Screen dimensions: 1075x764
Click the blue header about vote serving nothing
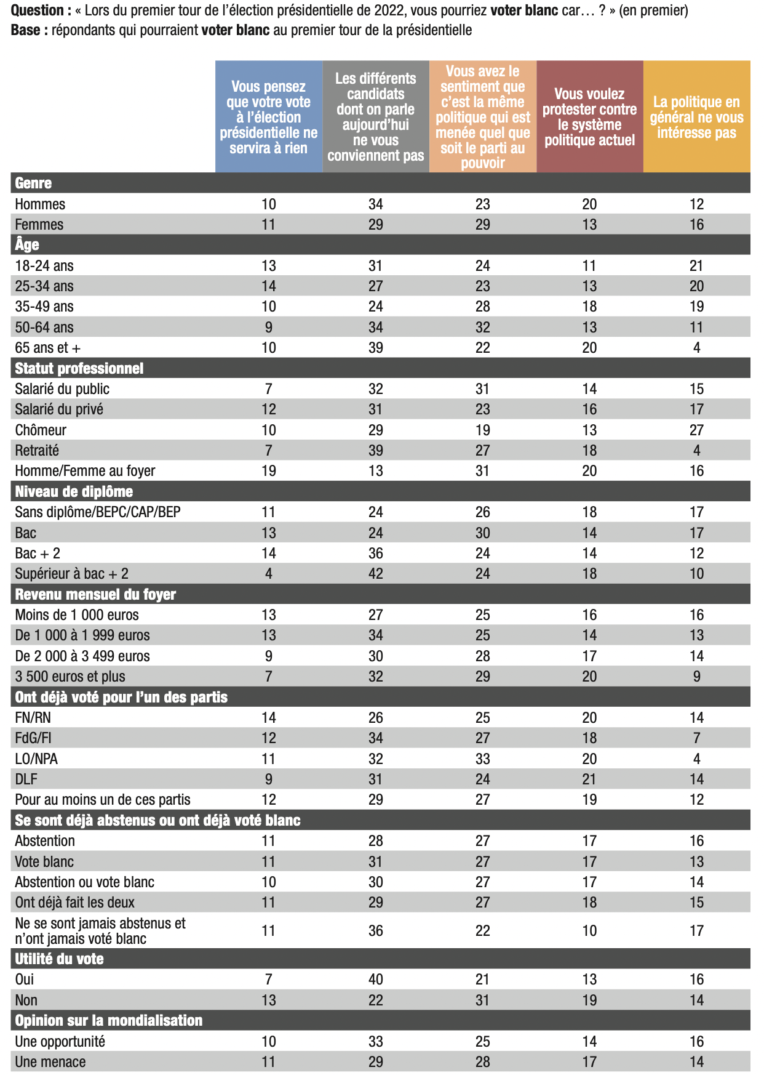[269, 117]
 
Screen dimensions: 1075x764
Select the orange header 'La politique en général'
[696, 117]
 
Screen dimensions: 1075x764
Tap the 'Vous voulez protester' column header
[589, 117]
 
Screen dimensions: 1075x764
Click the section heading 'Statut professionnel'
[79, 368]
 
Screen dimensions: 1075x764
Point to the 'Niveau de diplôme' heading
[74, 491]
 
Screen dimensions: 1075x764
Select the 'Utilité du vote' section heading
[59, 959]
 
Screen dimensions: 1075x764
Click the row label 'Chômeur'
[41, 430]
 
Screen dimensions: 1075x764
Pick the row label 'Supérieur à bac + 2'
[71, 574]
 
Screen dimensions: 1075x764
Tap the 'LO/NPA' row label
[36, 759]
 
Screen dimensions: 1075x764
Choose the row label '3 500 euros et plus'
[70, 677]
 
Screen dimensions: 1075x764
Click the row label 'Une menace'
[50, 1061]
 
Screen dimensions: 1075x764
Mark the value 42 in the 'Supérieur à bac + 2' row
[376, 574]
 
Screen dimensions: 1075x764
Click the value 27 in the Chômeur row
[696, 430]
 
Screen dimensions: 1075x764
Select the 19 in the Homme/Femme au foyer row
[269, 471]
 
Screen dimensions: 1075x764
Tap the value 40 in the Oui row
[376, 979]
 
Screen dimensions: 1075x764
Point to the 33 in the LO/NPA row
[483, 759]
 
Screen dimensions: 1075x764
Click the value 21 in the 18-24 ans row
[696, 265]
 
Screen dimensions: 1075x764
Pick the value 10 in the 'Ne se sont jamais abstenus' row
[589, 930]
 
